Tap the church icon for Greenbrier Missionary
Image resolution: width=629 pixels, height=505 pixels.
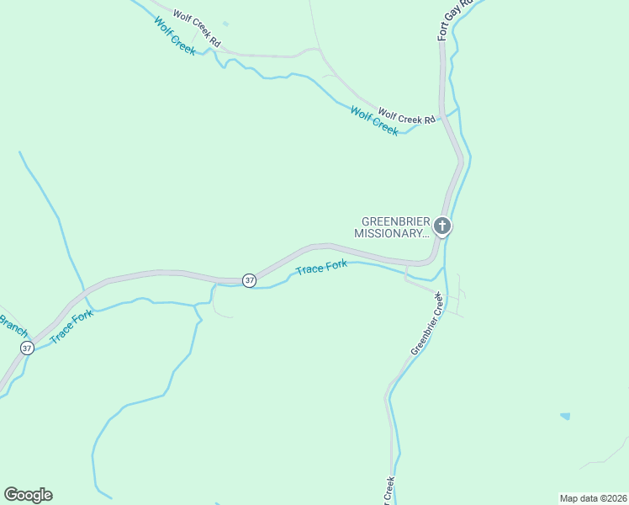tap(441, 226)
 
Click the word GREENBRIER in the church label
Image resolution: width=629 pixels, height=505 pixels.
tap(390, 222)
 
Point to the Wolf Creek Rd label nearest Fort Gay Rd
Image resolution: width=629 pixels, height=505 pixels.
tap(406, 116)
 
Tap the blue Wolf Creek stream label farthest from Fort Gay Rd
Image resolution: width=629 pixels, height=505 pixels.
tap(175, 35)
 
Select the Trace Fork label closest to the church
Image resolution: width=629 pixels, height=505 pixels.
tap(321, 269)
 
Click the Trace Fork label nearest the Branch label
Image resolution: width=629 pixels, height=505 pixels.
tap(71, 327)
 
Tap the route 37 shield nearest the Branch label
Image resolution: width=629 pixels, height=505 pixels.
tap(28, 348)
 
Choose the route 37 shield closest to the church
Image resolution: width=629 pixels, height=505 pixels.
tap(249, 280)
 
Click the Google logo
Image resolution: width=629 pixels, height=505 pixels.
tap(28, 495)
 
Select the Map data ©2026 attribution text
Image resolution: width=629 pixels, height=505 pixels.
tap(593, 498)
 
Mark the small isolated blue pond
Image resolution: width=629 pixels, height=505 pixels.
tap(564, 416)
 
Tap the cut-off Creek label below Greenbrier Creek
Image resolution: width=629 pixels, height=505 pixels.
tap(388, 492)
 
